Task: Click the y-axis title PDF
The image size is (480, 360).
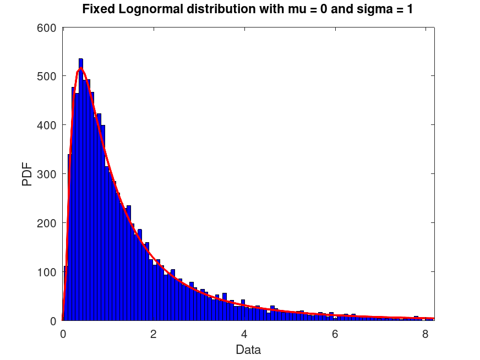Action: click(x=27, y=173)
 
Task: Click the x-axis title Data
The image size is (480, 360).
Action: click(x=248, y=350)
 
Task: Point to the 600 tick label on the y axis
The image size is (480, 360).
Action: click(x=46, y=27)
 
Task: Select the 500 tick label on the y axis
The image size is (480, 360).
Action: click(x=46, y=76)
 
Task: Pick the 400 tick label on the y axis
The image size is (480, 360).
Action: click(x=46, y=125)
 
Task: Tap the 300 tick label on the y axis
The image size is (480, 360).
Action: click(x=46, y=174)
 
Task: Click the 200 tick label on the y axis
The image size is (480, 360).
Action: click(x=46, y=223)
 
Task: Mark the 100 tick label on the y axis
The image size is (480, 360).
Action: click(x=46, y=272)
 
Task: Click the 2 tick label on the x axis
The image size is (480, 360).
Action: click(x=154, y=333)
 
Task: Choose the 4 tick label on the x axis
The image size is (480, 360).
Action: click(x=244, y=333)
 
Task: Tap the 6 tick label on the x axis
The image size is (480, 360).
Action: click(x=335, y=333)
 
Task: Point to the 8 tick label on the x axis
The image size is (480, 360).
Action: click(x=425, y=333)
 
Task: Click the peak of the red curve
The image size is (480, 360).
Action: click(x=81, y=68)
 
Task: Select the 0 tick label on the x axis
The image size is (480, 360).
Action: click(x=63, y=333)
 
